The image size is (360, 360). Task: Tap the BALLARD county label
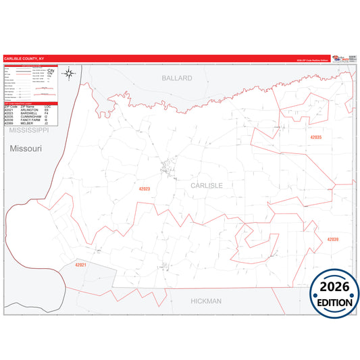tap(177, 78)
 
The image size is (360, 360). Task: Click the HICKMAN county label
tap(206, 301)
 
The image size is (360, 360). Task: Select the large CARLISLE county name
tap(206, 184)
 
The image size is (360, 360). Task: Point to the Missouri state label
tap(26, 148)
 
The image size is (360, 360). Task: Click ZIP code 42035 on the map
tap(315, 137)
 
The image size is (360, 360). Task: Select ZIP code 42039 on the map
tap(332, 240)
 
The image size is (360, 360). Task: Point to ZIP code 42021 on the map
tap(81, 265)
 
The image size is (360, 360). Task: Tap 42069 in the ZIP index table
tap(9, 124)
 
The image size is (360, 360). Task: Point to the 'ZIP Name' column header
tap(28, 107)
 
